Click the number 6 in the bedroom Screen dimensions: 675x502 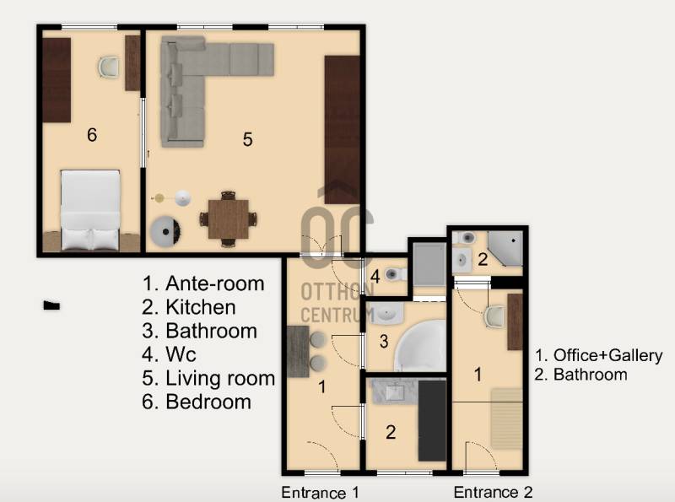click(x=92, y=135)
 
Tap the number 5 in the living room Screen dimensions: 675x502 click(x=247, y=139)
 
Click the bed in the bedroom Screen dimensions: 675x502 click(x=90, y=211)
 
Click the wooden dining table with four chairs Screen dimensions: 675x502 click(x=228, y=219)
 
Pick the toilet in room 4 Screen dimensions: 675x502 click(x=395, y=274)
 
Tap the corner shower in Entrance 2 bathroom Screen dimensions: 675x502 click(x=505, y=247)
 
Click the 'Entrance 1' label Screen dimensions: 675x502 click(x=320, y=492)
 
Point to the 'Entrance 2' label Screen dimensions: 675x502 click(x=493, y=492)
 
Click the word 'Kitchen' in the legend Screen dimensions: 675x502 click(x=201, y=307)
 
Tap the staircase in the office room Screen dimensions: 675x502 click(x=507, y=418)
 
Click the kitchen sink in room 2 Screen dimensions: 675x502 click(x=395, y=391)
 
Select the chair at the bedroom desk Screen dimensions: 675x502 click(x=108, y=67)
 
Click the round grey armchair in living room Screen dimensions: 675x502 click(x=165, y=231)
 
